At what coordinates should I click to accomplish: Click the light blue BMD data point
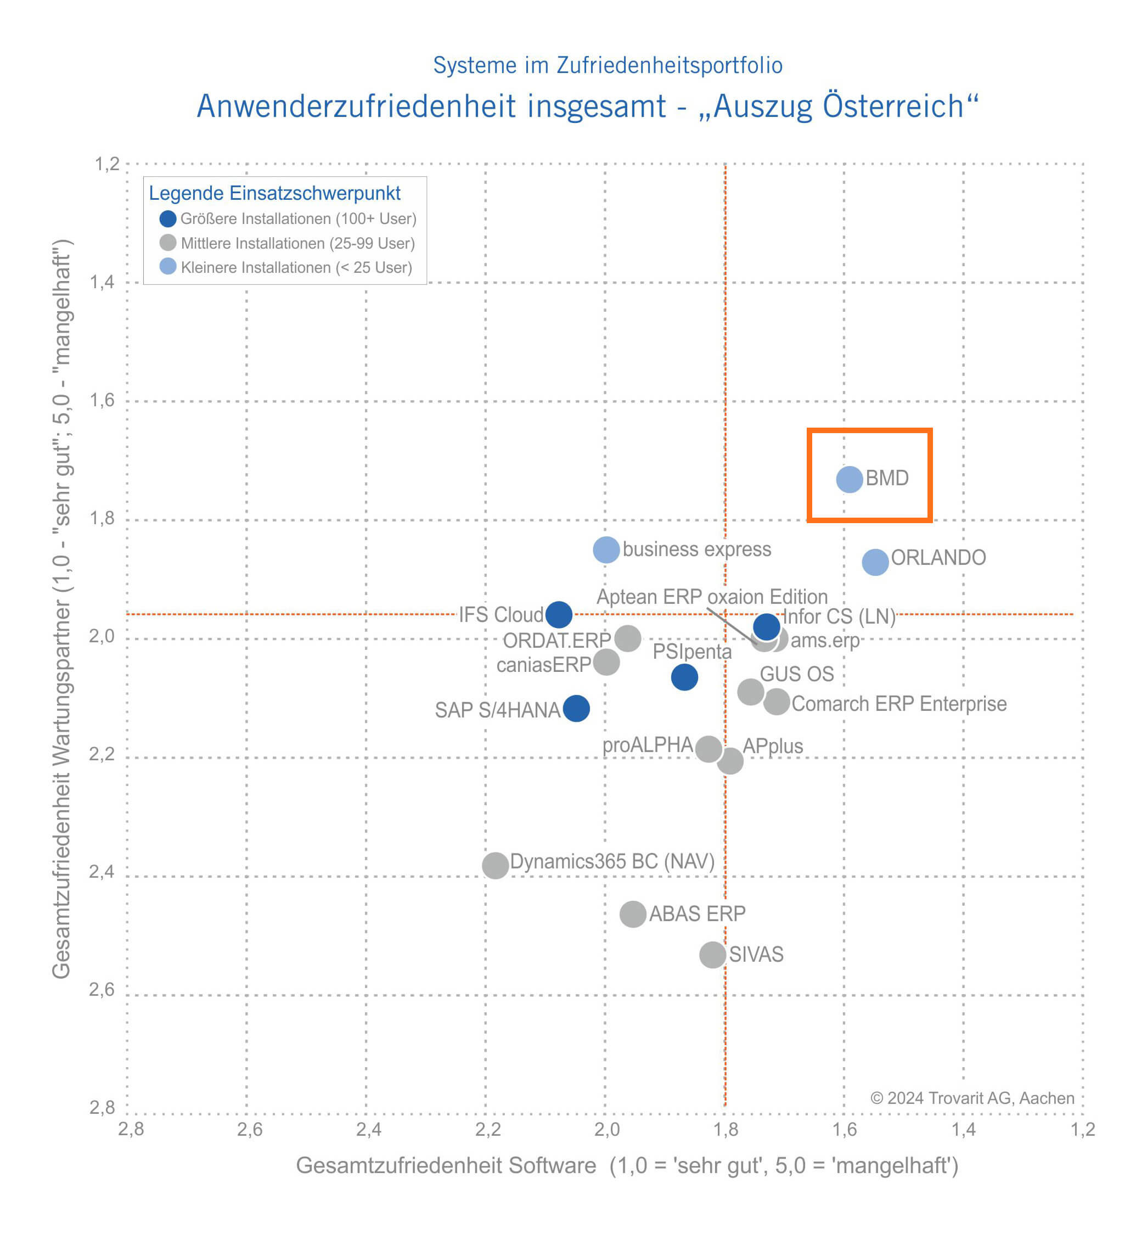pyautogui.click(x=849, y=479)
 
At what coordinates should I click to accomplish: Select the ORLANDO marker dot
pyautogui.click(x=875, y=562)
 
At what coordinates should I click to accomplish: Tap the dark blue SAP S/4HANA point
pyautogui.click(x=576, y=708)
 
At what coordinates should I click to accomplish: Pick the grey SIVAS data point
pyautogui.click(x=712, y=954)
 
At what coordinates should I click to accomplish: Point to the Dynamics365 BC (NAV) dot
pyautogui.click(x=495, y=865)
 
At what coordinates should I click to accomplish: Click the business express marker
pyautogui.click(x=606, y=549)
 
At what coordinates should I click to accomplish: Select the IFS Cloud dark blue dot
pyautogui.click(x=559, y=614)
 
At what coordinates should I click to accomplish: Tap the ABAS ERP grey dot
pyautogui.click(x=632, y=914)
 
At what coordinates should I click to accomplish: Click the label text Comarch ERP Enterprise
pyautogui.click(x=899, y=704)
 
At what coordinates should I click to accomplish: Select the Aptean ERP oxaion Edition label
pyautogui.click(x=712, y=597)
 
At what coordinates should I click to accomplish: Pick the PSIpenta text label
pyautogui.click(x=692, y=652)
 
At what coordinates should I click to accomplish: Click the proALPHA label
pyautogui.click(x=648, y=745)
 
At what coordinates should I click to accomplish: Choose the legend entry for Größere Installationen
pyautogui.click(x=298, y=219)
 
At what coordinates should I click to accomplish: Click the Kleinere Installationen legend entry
pyautogui.click(x=296, y=267)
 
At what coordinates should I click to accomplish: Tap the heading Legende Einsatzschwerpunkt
pyautogui.click(x=275, y=193)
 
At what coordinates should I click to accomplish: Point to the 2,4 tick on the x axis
pyautogui.click(x=368, y=1129)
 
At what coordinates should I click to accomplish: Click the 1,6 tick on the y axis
pyautogui.click(x=103, y=400)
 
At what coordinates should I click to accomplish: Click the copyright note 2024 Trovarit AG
pyautogui.click(x=971, y=1098)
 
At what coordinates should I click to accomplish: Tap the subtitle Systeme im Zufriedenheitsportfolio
pyautogui.click(x=608, y=65)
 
